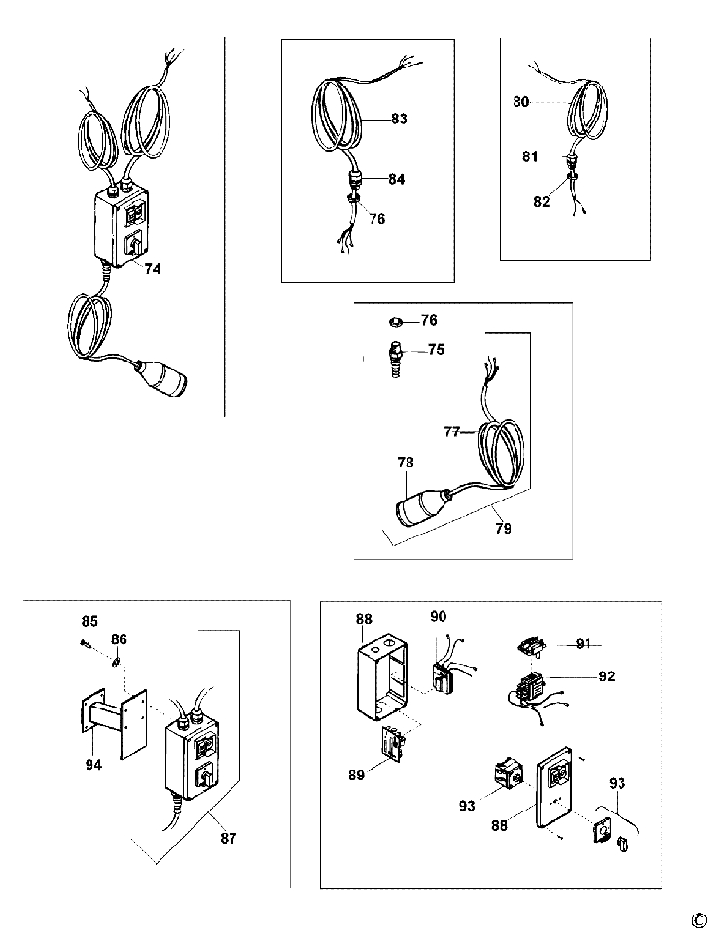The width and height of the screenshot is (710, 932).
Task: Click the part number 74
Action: tap(153, 270)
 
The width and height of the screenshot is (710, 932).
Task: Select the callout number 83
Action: tap(399, 119)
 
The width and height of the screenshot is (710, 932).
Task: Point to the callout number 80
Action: tap(520, 100)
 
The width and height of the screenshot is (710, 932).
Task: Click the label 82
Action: tap(540, 202)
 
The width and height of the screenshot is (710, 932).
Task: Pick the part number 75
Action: tap(437, 349)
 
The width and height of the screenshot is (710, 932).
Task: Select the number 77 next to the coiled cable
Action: tap(451, 433)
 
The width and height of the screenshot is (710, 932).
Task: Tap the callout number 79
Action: tap(502, 530)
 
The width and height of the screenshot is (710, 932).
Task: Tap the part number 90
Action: tap(438, 616)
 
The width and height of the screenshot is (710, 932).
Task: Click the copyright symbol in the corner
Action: tap(697, 919)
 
